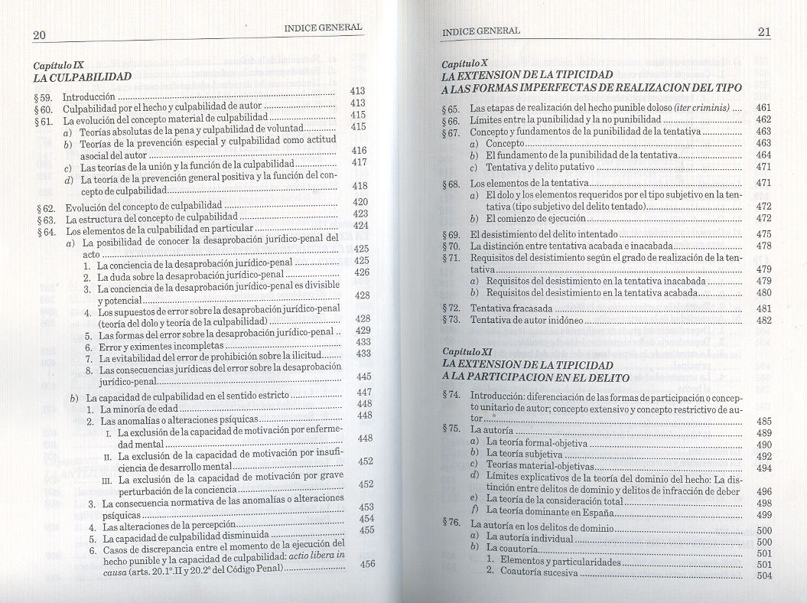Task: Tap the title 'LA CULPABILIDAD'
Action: pyautogui.click(x=83, y=77)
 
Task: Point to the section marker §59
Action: pyautogui.click(x=44, y=98)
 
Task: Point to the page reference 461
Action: pyautogui.click(x=762, y=108)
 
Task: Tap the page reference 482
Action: pyautogui.click(x=763, y=321)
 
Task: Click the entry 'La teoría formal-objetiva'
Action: pyautogui.click(x=537, y=444)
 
